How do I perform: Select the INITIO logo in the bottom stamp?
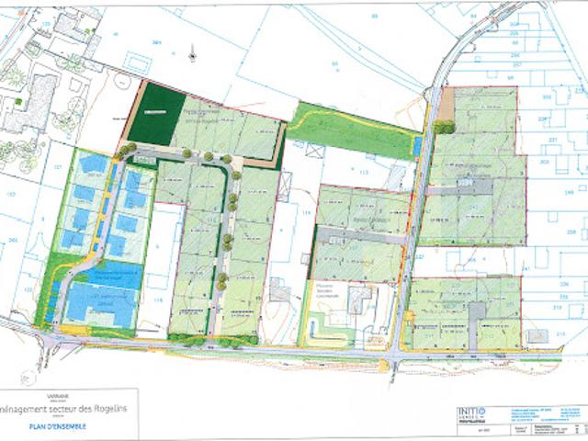pos(471,413)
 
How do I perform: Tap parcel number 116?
pos(157,299)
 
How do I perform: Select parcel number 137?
pos(57,165)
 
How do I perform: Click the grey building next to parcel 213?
pos(537,334)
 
